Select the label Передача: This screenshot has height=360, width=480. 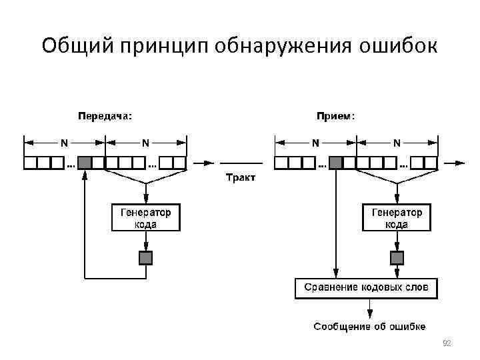pyautogui.click(x=105, y=115)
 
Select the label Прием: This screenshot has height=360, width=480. pyautogui.click(x=335, y=115)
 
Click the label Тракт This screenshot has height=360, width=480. pyautogui.click(x=240, y=177)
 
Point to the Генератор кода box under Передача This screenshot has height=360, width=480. pyautogui.click(x=145, y=218)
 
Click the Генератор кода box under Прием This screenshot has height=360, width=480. pyautogui.click(x=397, y=218)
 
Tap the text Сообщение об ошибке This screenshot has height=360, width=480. pyautogui.click(x=370, y=326)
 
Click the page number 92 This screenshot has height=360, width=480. pyautogui.click(x=447, y=343)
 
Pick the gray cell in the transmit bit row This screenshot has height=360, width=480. pyautogui.click(x=85, y=163)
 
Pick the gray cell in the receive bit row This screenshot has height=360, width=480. pyautogui.click(x=336, y=163)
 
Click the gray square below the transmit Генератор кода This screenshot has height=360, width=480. pyautogui.click(x=145, y=257)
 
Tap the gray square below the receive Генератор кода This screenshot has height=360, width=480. pyautogui.click(x=397, y=257)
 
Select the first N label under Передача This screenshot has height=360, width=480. pyautogui.click(x=64, y=142)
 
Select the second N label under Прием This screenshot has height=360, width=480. pyautogui.click(x=397, y=142)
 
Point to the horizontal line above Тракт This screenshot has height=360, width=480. pyautogui.click(x=240, y=163)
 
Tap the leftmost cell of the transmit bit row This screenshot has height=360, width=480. pyautogui.click(x=30, y=163)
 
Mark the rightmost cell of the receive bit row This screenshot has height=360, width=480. pyautogui.click(x=431, y=163)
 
